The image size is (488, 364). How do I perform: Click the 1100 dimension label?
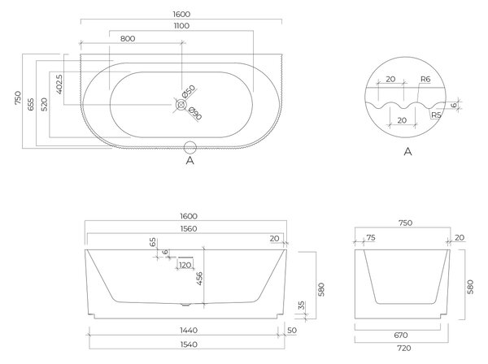pos(181,26)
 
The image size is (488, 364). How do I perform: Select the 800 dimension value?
pos(128,38)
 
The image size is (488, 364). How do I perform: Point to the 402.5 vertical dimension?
pos(59,84)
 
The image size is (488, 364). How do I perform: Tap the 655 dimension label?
pos(31,105)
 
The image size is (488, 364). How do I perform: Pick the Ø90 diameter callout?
pos(195,114)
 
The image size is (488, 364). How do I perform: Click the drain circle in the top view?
pos(181,105)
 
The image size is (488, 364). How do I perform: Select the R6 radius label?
pos(425,80)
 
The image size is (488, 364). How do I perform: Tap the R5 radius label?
pos(436,115)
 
